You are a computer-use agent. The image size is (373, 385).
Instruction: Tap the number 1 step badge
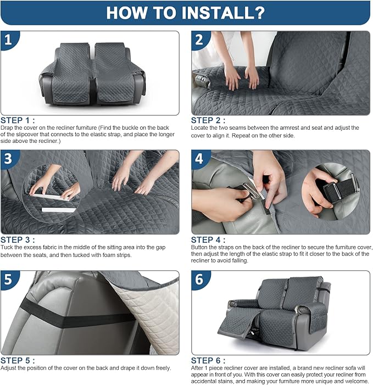9,40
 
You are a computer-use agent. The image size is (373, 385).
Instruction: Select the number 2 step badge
199,40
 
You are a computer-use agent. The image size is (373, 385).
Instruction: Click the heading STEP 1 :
18,120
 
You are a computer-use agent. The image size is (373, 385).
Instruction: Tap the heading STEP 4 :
208,239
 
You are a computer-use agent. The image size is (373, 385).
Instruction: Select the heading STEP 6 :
208,360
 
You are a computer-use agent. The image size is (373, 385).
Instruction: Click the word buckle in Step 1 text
130,127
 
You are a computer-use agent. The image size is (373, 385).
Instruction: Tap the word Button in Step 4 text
199,247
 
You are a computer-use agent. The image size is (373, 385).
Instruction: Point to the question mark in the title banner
259,13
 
